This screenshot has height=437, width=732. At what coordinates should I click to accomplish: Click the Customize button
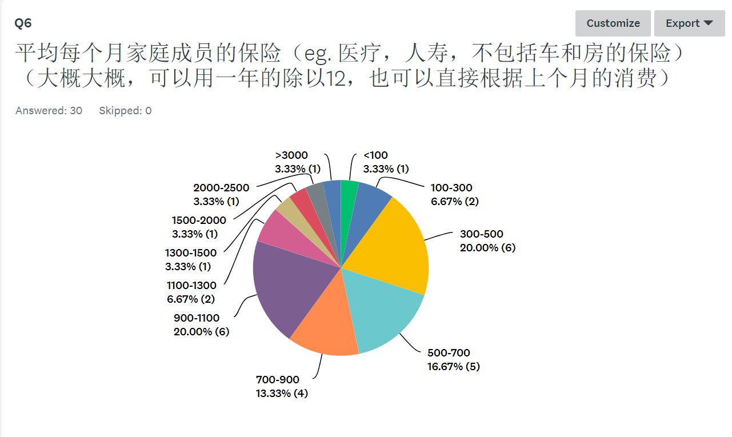click(x=613, y=23)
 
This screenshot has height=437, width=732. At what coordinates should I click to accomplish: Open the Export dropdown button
click(x=689, y=23)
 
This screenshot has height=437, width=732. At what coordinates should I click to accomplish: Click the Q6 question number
click(x=23, y=23)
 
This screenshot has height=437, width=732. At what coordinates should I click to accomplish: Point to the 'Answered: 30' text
click(x=49, y=111)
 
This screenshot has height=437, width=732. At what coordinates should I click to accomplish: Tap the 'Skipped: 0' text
click(x=125, y=111)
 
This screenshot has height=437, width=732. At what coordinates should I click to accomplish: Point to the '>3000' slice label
click(x=291, y=155)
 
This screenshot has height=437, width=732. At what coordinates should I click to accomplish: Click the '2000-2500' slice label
click(x=221, y=188)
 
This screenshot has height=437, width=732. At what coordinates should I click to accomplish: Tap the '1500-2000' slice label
click(x=199, y=220)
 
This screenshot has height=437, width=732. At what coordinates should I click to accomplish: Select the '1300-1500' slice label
click(x=191, y=253)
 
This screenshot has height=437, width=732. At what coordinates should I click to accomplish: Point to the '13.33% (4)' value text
click(x=282, y=394)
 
